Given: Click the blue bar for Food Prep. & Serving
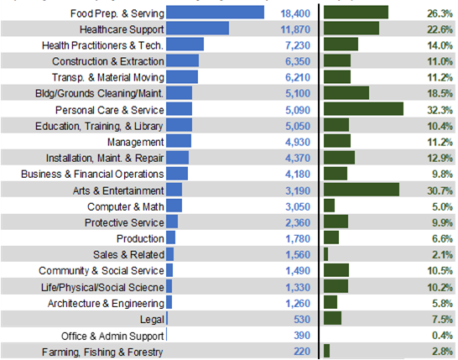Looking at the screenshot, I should coord(216,13).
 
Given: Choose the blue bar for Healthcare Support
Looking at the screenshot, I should coord(198,29).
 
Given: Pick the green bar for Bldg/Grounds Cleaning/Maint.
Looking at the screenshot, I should coord(346,93).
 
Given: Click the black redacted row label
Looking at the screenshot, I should coord(82,335).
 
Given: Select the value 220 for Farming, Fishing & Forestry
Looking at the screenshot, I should coord(302,351).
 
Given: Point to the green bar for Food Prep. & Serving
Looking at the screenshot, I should coord(356,13).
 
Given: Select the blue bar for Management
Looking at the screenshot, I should coord(180,142).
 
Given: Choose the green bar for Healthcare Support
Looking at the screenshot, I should coord(351,29).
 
